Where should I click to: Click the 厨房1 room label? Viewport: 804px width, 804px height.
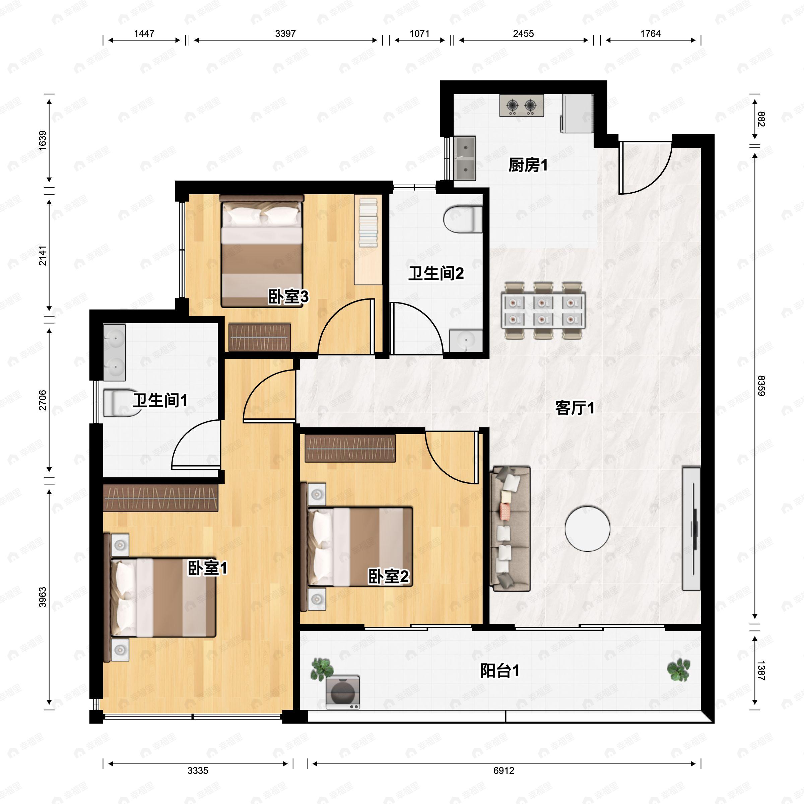(x=528, y=165)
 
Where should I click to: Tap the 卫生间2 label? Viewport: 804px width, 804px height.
(x=436, y=273)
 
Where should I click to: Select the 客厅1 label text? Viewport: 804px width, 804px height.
(x=575, y=408)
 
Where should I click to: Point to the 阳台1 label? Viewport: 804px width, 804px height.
(x=499, y=670)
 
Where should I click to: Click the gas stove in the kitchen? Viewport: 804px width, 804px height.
(x=522, y=106)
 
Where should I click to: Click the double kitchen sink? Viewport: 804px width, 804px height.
(x=464, y=158)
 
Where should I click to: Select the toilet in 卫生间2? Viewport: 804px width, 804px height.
(x=463, y=219)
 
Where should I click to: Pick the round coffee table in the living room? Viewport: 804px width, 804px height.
(x=587, y=529)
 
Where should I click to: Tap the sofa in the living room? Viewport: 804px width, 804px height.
(x=510, y=529)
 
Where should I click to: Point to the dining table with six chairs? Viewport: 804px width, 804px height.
(x=543, y=311)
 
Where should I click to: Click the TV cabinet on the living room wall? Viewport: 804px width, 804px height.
(x=691, y=529)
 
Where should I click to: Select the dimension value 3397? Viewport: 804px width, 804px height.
(x=285, y=34)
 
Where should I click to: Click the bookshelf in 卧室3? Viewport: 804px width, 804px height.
(x=368, y=240)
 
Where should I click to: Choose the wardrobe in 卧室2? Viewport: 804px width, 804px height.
(x=350, y=448)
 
